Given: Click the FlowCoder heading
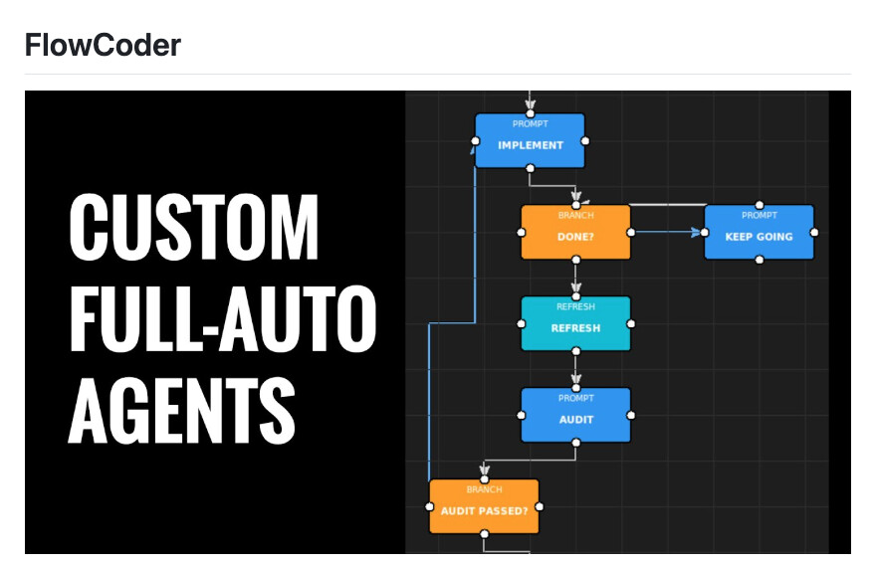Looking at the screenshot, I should (103, 45).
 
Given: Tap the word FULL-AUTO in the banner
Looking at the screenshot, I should (222, 318).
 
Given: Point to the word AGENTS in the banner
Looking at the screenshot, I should (181, 409).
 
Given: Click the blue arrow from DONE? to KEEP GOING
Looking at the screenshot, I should (667, 233).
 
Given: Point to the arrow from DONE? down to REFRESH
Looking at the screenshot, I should (575, 279).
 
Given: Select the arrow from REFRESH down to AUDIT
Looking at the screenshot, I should (575, 370).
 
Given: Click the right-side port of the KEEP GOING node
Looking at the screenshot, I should (814, 233).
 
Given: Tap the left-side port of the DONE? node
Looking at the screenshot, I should (522, 233).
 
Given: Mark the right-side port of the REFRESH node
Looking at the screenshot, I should (631, 324).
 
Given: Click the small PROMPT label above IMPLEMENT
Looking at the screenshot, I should (530, 124).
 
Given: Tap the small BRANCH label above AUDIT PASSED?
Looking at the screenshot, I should (484, 489).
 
